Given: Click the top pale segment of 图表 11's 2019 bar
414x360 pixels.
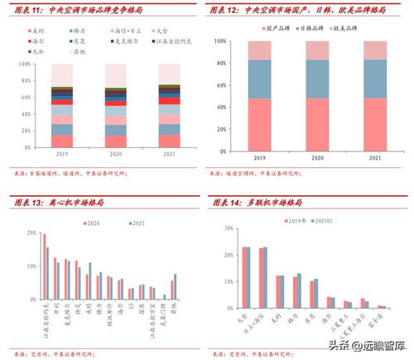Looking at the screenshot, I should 62,75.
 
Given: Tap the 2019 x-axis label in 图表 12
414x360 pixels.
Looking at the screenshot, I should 259,157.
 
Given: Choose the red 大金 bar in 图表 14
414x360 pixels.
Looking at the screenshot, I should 243,277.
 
